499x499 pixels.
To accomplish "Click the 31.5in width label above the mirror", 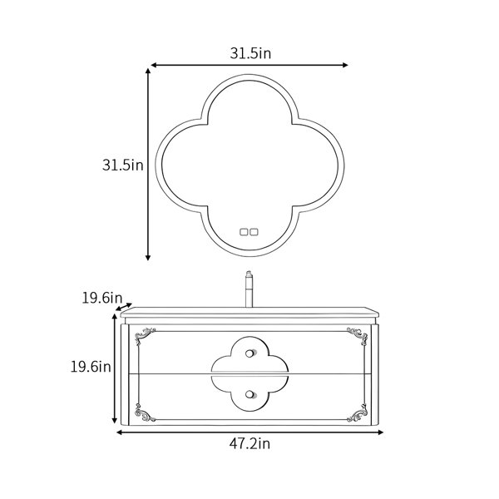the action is (250, 53).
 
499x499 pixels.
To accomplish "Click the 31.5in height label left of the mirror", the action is (123, 166).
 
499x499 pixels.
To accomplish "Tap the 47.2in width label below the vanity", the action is (249, 443).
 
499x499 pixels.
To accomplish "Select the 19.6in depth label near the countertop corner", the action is (102, 299).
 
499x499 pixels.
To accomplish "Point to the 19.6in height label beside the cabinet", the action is (91, 367).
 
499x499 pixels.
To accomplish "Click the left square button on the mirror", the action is (244, 232).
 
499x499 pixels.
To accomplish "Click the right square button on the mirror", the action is (254, 232).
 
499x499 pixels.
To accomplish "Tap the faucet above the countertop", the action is (249, 289).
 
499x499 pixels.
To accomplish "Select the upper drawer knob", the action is (250, 353).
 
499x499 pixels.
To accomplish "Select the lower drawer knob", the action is (250, 394).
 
